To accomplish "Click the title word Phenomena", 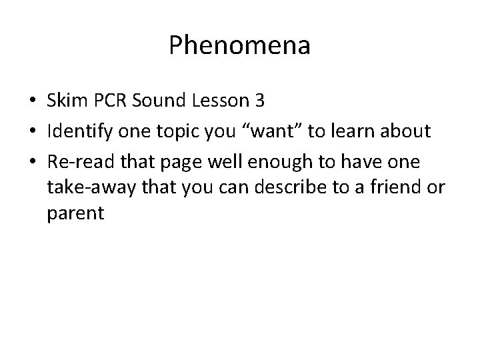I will coord(239,46).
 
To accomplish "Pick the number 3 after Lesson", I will coord(259,101).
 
